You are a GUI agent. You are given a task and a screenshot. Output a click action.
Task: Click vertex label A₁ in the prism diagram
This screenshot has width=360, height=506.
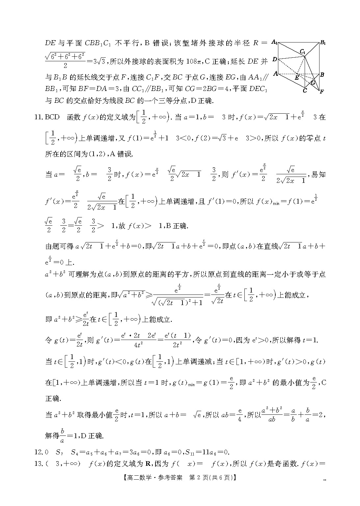click(274, 42)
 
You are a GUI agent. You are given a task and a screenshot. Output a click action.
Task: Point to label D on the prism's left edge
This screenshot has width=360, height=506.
click(275, 60)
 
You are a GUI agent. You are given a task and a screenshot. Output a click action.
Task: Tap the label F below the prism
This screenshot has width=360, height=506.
click(321, 91)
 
